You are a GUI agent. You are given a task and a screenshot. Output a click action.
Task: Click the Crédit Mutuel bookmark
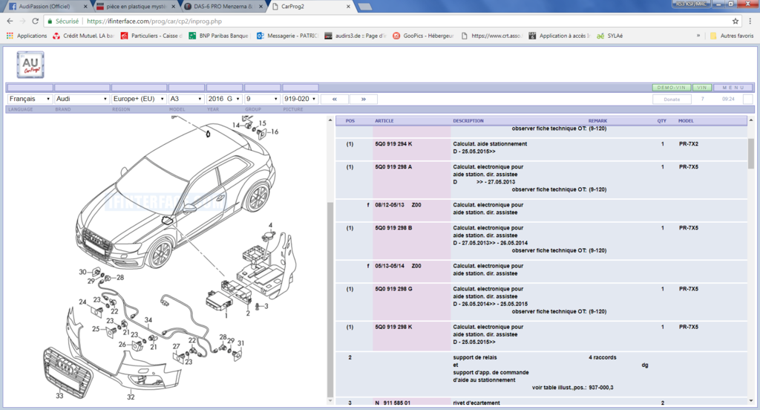[82, 35]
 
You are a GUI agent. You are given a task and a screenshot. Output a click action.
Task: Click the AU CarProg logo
[30, 65]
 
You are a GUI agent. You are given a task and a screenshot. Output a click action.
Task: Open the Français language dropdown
[29, 99]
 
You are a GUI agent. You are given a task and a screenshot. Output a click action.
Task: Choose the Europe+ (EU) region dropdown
[138, 99]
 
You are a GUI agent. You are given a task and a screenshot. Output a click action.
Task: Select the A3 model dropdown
[186, 99]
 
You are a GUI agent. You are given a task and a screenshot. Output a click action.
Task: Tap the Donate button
[671, 99]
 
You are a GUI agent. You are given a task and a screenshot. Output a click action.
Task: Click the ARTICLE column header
[384, 121]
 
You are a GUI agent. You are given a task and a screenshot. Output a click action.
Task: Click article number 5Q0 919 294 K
[393, 144]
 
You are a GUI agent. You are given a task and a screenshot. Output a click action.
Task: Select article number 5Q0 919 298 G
[393, 289]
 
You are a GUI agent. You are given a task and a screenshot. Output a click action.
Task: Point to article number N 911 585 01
[393, 403]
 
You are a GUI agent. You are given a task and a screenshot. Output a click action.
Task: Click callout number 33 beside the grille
[60, 396]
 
